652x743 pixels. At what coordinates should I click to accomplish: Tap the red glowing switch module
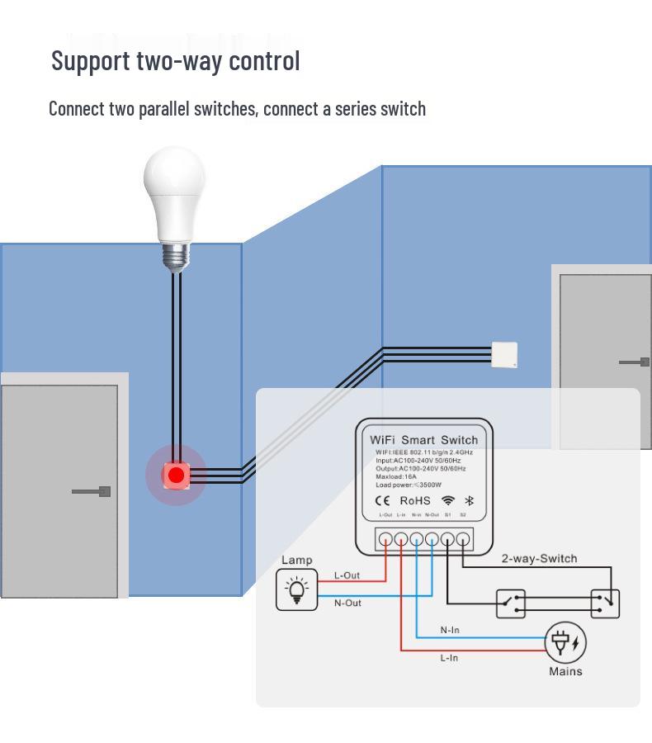coord(175,476)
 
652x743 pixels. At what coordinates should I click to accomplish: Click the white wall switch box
coord(504,355)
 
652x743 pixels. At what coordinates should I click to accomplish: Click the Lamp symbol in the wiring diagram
coord(297,589)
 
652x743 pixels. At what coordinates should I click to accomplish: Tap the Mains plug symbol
coord(565,643)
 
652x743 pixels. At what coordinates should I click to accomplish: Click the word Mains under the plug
coord(565,671)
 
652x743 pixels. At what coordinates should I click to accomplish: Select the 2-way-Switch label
coord(539,559)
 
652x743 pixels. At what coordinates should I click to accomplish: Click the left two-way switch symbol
coord(511,603)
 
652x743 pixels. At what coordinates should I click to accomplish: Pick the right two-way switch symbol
coord(605,603)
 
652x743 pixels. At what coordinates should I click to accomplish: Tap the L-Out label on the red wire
coord(347,575)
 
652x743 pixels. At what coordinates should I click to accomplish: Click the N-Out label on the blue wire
coord(347,603)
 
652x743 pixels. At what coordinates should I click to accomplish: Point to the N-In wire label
coord(450,630)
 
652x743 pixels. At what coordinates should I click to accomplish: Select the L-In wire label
coord(449,658)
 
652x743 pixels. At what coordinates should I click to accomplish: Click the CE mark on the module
coord(383,500)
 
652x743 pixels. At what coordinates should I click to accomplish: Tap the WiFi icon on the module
coord(448,500)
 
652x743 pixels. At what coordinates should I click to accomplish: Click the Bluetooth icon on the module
coord(470,500)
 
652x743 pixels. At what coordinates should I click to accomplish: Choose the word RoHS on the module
coord(415,501)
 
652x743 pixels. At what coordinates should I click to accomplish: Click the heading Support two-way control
coord(176,60)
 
